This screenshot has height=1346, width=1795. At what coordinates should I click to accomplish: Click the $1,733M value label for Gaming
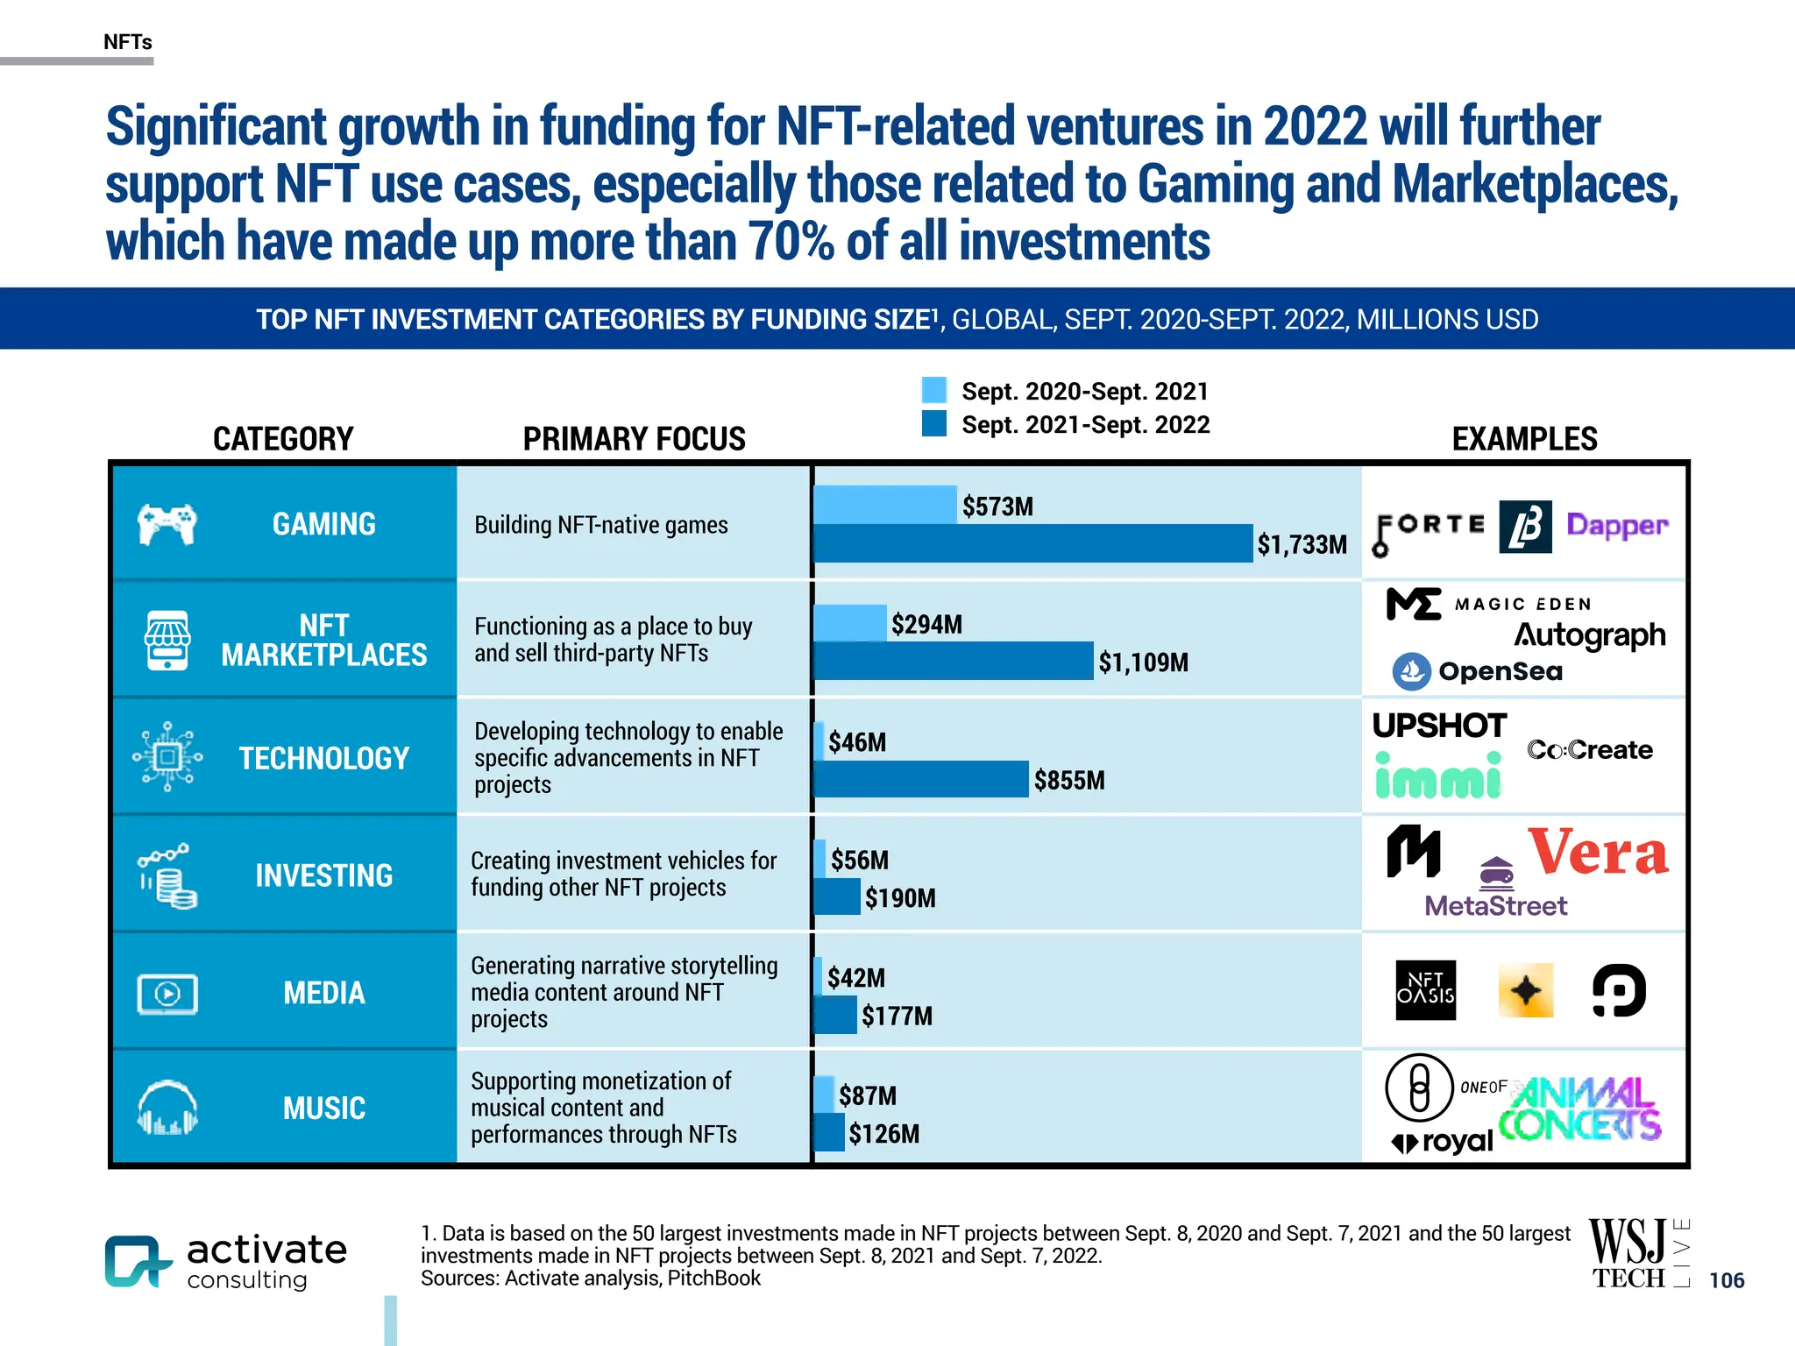click(1302, 544)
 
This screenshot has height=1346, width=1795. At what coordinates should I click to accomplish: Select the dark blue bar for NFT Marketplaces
click(953, 661)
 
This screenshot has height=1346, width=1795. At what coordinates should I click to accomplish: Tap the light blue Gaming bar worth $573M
click(884, 505)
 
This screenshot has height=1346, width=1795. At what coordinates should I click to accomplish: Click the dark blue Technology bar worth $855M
click(920, 779)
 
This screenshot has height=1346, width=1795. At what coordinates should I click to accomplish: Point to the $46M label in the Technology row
click(857, 742)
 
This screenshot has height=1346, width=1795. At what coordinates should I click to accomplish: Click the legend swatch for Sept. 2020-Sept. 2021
click(934, 390)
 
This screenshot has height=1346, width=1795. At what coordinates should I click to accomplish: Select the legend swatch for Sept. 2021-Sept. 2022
click(934, 424)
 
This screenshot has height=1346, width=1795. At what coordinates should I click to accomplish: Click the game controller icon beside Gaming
click(167, 524)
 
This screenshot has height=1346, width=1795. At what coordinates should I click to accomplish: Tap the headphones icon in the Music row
click(167, 1109)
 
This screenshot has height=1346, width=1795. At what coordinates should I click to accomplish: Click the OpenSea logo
click(1478, 671)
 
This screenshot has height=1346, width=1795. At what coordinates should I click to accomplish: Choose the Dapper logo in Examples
click(1617, 525)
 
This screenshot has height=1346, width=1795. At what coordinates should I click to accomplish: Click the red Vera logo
click(1598, 853)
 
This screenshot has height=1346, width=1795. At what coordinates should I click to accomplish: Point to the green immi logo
click(1437, 776)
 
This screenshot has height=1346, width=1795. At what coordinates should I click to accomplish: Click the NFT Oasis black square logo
click(1425, 990)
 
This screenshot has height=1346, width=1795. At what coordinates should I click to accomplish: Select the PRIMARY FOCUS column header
click(634, 438)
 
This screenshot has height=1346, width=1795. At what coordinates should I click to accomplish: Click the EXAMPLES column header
click(1524, 438)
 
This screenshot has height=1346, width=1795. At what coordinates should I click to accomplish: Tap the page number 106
click(1726, 1280)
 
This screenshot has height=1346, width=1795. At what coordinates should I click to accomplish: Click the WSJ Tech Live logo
click(1637, 1253)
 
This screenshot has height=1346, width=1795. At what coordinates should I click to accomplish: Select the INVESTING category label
click(323, 875)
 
